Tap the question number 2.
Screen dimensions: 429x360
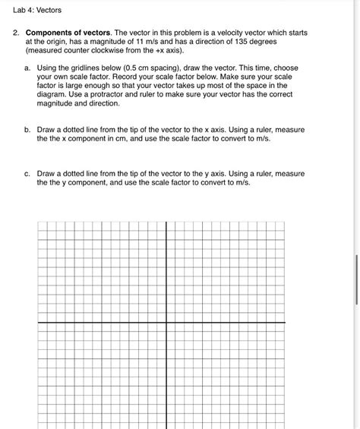tap(15, 34)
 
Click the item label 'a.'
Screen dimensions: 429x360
tap(28, 68)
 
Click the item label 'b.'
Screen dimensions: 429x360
tap(28, 130)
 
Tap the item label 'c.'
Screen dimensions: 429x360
tap(28, 174)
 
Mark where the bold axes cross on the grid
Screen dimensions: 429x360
tap(167, 322)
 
